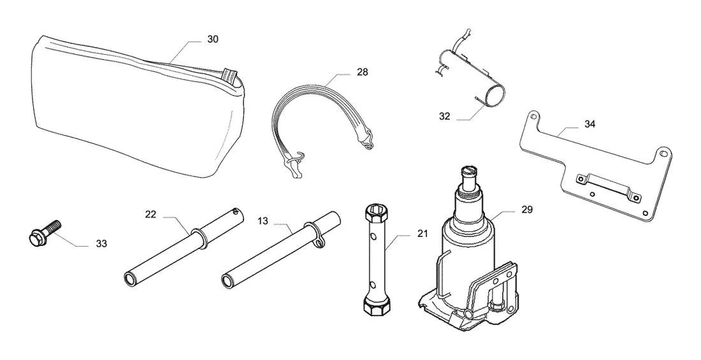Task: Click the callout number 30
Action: tap(213, 40)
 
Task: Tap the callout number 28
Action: tap(362, 71)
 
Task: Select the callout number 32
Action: tap(444, 116)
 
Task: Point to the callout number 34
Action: tap(589, 124)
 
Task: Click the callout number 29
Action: tap(527, 209)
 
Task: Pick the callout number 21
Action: tap(423, 233)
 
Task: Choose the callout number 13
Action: tap(263, 220)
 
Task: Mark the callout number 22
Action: tap(150, 215)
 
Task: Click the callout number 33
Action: tap(101, 244)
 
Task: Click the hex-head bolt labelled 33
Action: tap(44, 232)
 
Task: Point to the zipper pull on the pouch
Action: tap(230, 75)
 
